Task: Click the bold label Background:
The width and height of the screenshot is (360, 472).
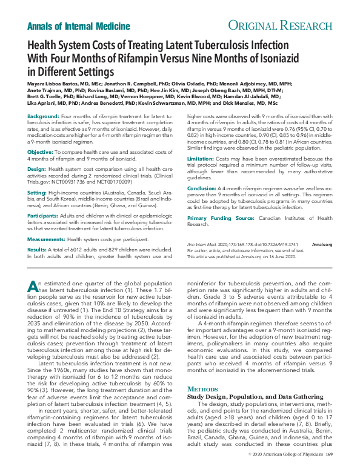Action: point(43,133)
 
